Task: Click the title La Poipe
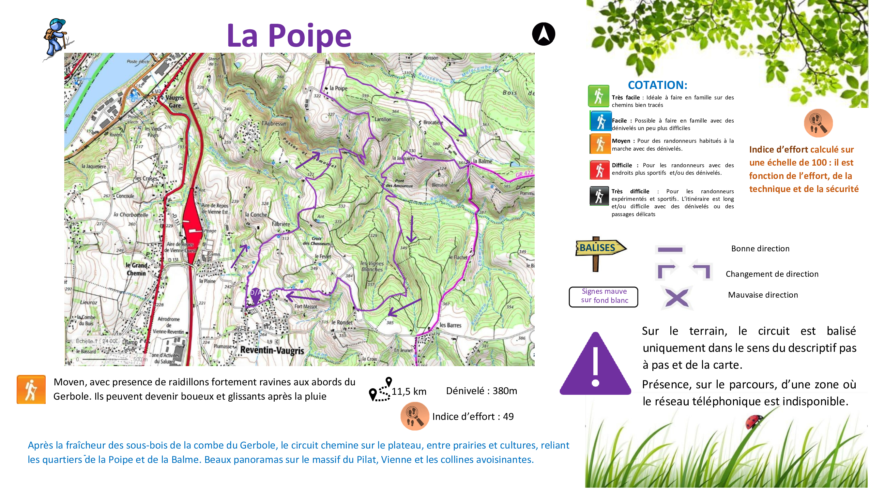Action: pyautogui.click(x=289, y=36)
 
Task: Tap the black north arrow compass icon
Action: pyautogui.click(x=543, y=34)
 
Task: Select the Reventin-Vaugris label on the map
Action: pyautogui.click(x=272, y=350)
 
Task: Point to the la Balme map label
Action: pyautogui.click(x=482, y=161)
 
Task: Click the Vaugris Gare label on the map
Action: pyautogui.click(x=175, y=101)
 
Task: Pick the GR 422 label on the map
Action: pyautogui.click(x=524, y=174)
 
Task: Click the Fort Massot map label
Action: pyautogui.click(x=306, y=306)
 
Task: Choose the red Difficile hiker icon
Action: pyautogui.click(x=600, y=170)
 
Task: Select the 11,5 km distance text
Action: pyautogui.click(x=409, y=392)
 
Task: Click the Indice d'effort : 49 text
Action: pyautogui.click(x=472, y=416)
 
